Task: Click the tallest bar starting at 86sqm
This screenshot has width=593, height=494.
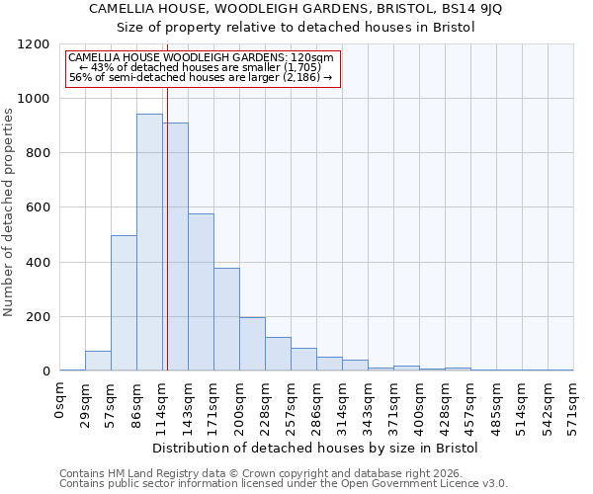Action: pos(149,242)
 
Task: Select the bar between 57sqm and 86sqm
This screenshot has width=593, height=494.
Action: pos(124,303)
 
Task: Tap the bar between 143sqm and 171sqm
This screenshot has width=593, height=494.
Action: pos(201,292)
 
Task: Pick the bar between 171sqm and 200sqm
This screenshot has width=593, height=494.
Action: pos(226,319)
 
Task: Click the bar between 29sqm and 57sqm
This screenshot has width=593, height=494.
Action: pos(98,361)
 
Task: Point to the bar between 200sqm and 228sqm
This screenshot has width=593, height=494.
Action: pos(252,344)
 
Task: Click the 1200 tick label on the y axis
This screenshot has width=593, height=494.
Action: pos(34,44)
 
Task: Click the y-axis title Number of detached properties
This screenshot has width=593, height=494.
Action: pos(9,208)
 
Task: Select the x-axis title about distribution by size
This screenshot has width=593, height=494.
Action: pos(315,448)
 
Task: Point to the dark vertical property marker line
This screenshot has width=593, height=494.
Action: pos(167,247)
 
